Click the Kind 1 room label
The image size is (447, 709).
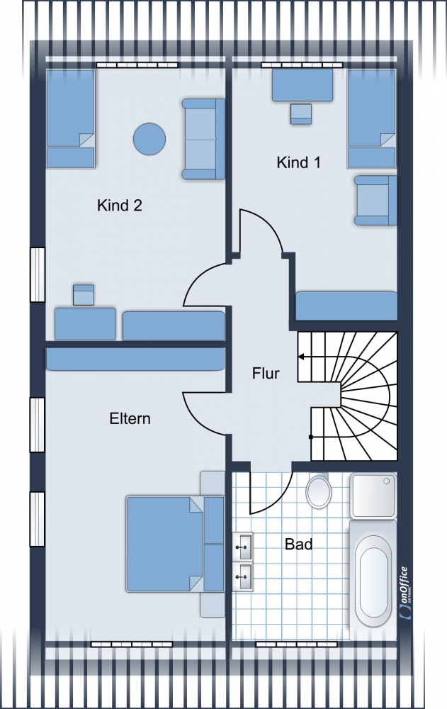pos(299,162)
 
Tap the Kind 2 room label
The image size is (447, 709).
pos(119,206)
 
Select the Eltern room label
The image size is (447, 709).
pos(130,418)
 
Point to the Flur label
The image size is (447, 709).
pos(266,374)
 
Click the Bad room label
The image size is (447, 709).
pos(299,544)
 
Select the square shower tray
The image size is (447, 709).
pos(373,496)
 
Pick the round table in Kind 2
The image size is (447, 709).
pos(149,139)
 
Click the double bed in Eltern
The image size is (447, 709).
pos(175,544)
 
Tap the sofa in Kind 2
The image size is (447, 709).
pos(203,139)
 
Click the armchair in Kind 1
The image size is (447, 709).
pos(375,201)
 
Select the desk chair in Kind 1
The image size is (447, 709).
pos(300,114)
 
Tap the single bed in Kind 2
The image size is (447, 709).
pos(71,119)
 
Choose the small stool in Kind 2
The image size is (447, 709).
pos(84,295)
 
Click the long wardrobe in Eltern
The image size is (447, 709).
pos(135,359)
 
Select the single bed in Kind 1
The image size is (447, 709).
pos(371,119)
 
